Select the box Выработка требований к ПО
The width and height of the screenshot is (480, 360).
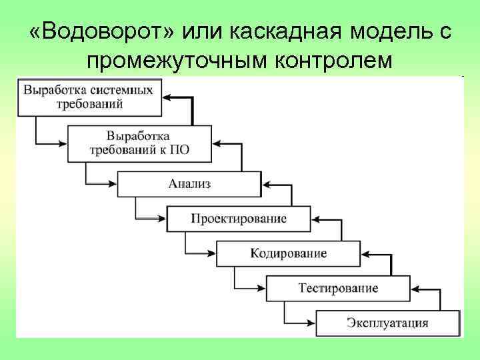pyautogui.click(x=139, y=142)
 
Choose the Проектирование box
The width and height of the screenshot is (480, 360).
pyautogui.click(x=239, y=219)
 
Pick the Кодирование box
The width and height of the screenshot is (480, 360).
pyautogui.click(x=288, y=253)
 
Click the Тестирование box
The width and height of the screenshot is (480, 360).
pyautogui.click(x=338, y=288)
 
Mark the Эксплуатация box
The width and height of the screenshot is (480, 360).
pyautogui.click(x=387, y=324)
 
